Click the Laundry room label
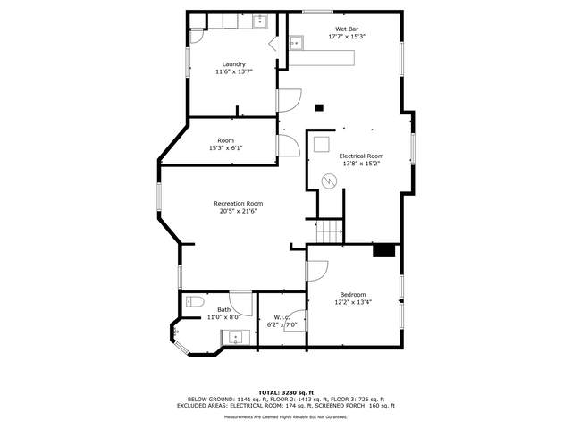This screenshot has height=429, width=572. (x=234, y=64)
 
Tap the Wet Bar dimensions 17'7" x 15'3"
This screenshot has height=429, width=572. (x=347, y=37)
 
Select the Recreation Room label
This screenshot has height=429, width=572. (x=239, y=203)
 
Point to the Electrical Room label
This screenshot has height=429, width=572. (x=361, y=156)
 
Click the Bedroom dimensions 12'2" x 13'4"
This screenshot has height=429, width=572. (x=353, y=302)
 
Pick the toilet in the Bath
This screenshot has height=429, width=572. (x=195, y=302)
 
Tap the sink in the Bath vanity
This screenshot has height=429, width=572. (x=236, y=338)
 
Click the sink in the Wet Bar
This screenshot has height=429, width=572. (x=296, y=43)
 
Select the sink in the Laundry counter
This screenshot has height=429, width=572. (x=260, y=21)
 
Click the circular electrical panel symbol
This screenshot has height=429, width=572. (x=329, y=181)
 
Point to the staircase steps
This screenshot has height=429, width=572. (x=330, y=231)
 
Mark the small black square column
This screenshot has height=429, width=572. (x=319, y=107)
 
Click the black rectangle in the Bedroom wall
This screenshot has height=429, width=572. (x=384, y=250)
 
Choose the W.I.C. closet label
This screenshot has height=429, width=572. (x=282, y=317)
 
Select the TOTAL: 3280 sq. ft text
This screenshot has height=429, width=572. (x=286, y=392)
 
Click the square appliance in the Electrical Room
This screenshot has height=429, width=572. (x=322, y=144)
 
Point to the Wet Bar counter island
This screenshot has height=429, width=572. (x=322, y=58)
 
